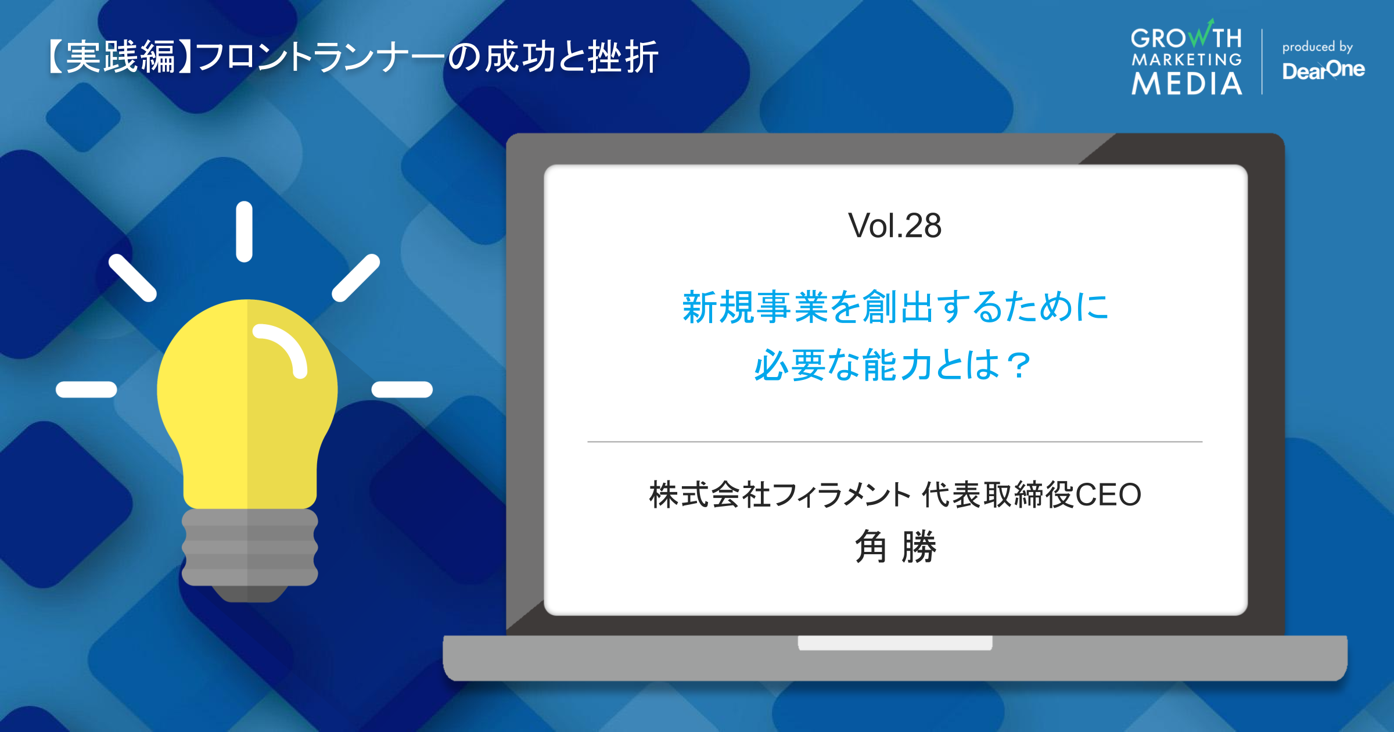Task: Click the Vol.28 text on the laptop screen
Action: click(894, 225)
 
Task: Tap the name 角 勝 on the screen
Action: click(895, 547)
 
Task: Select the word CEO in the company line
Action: click(1108, 495)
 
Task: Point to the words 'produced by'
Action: click(1317, 46)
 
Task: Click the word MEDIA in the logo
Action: click(1187, 84)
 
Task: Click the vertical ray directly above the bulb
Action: click(244, 231)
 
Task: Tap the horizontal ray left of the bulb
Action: click(86, 389)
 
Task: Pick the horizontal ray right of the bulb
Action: click(402, 389)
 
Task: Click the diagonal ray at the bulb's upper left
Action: click(132, 278)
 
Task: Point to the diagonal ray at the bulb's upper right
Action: click(355, 278)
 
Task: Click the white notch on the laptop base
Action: click(894, 643)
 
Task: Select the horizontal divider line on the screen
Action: click(894, 442)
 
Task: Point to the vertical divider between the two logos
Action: click(1262, 61)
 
